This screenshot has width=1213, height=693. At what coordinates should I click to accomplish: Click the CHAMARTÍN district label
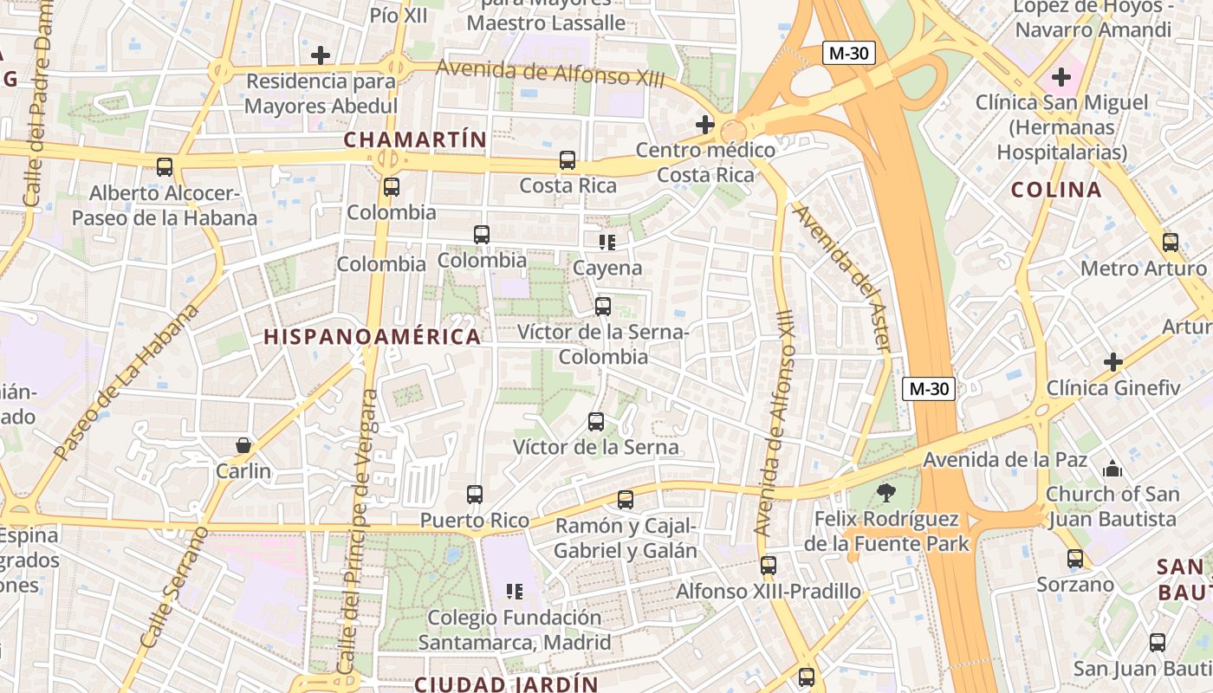coord(415,139)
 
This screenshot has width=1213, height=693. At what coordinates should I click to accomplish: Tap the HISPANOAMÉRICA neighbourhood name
coord(372,337)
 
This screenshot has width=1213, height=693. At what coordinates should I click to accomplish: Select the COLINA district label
coord(1056,190)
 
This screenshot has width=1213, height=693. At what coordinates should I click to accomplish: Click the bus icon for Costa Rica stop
coord(568,160)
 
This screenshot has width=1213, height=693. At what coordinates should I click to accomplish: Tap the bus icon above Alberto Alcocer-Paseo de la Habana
coord(164,167)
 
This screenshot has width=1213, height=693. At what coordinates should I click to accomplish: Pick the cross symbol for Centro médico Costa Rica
coord(705,125)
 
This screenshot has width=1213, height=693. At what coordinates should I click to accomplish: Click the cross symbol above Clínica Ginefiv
coord(1113,361)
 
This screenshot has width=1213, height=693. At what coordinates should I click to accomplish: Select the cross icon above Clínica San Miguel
coord(1061,77)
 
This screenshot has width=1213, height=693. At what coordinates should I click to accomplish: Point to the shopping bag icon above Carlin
coord(243,445)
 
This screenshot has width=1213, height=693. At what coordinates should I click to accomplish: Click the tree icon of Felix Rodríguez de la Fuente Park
coord(885,493)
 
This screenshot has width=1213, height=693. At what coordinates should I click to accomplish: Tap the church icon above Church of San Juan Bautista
coord(1112,469)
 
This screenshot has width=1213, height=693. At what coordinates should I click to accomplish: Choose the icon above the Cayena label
coord(607,242)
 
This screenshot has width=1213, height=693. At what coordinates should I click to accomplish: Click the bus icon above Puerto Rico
coord(475,495)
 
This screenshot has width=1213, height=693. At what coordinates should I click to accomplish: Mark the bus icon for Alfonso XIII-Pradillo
coord(769,566)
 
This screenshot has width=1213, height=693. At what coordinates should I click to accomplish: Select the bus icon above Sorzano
coord(1075,559)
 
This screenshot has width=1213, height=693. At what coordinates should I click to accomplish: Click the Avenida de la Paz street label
coord(1004,459)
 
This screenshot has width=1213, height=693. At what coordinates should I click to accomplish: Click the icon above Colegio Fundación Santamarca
coord(515,592)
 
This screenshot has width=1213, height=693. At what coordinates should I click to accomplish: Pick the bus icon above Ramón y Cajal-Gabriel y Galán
coord(626,500)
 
